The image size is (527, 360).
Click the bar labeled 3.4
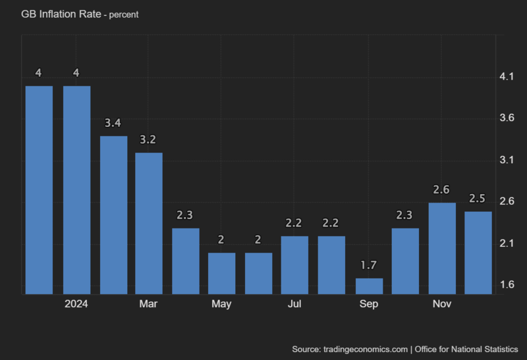pos(113,215)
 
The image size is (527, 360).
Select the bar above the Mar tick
pos(149,223)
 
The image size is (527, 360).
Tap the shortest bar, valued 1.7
pos(369,286)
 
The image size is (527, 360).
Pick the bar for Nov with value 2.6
pos(442,248)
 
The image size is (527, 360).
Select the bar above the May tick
pos(222,273)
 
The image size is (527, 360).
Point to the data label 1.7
pos(369,266)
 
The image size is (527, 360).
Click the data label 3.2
pos(149,140)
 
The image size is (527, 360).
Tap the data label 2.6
pos(442,190)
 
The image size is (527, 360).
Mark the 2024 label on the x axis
pos(76,304)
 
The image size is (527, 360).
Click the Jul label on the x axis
pos(295,304)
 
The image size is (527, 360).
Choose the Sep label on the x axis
pos(369,304)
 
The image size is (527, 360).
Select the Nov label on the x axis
pos(442,304)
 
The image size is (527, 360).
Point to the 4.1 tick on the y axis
pos(507,77)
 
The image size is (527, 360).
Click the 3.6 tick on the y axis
pos(507,118)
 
